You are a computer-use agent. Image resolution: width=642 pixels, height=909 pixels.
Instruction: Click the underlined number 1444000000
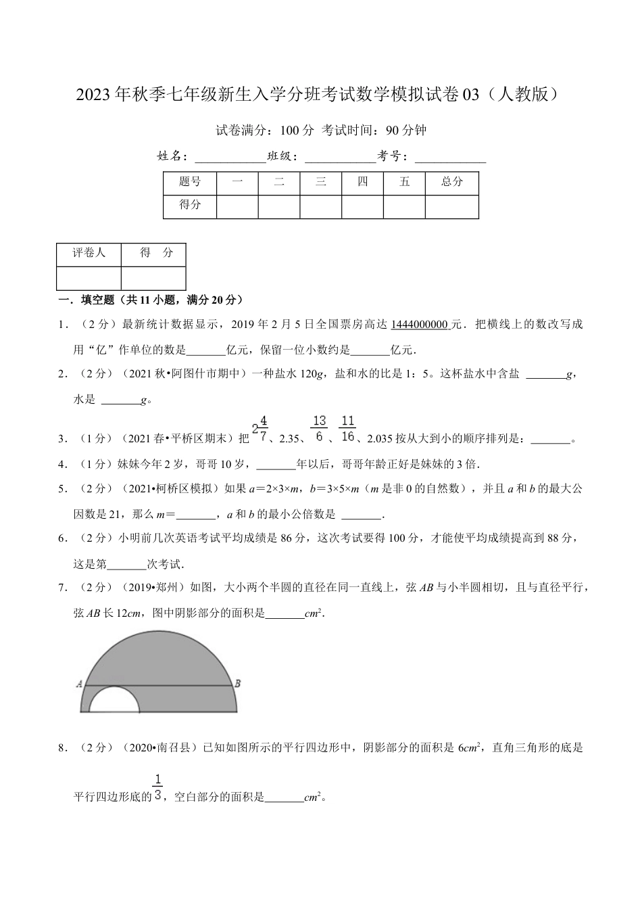point(419,325)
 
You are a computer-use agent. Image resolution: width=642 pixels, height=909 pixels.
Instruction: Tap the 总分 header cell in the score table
point(451,182)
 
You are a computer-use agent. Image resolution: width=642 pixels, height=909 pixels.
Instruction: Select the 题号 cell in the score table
point(190,182)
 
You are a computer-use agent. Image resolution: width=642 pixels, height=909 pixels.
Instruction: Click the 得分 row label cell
point(190,204)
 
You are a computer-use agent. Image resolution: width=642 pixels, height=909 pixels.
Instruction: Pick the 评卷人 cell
point(89,253)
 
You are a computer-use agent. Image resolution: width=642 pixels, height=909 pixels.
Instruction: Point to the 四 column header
point(362,182)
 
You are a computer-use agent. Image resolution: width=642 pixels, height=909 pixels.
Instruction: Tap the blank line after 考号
point(450,158)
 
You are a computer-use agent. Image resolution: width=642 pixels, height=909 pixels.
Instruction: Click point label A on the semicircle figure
point(79,684)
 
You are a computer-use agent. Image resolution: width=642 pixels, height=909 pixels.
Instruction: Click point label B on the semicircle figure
point(237,684)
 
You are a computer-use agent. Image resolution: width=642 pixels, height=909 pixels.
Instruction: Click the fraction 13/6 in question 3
point(320,429)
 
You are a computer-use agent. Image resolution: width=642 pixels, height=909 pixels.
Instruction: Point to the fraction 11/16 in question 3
point(347,429)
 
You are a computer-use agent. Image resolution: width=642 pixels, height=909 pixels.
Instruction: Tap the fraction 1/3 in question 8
point(158,787)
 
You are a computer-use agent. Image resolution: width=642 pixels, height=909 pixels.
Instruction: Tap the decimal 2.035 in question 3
point(382,439)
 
